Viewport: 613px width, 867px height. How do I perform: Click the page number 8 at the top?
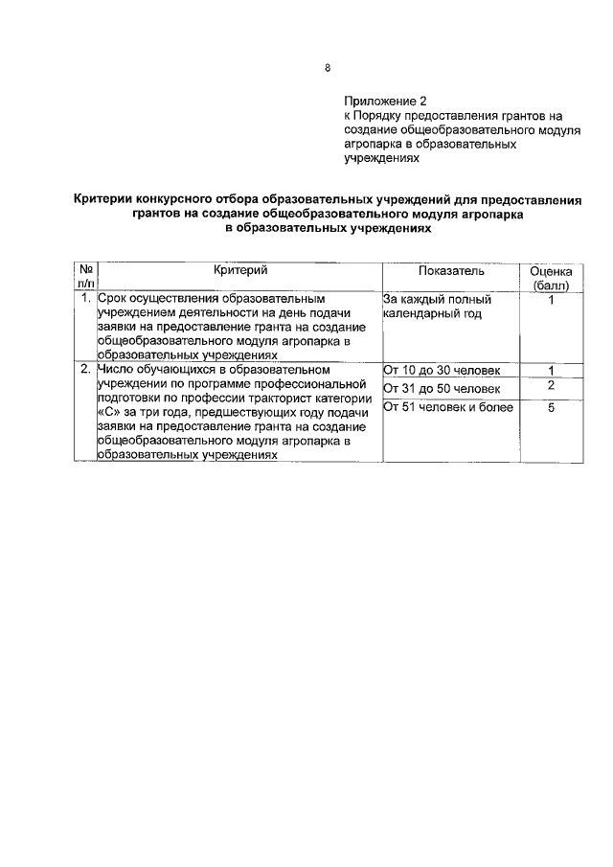(x=328, y=68)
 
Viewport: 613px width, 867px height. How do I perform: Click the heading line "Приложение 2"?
(x=385, y=102)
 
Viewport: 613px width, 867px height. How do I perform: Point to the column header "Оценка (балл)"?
(x=551, y=279)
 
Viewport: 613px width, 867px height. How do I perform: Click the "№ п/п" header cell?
(x=85, y=279)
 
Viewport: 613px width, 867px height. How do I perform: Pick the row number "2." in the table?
(x=86, y=369)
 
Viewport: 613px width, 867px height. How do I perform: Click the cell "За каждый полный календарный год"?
(x=437, y=307)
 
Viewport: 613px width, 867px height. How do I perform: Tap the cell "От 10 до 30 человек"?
(x=441, y=370)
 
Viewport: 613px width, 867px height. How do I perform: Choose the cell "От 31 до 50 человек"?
(x=441, y=388)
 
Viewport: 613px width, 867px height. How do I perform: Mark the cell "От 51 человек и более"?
(x=447, y=407)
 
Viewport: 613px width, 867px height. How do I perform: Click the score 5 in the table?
(x=552, y=407)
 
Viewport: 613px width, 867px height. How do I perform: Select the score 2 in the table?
(x=552, y=385)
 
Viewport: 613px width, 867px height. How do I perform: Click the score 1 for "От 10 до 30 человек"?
(x=552, y=370)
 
